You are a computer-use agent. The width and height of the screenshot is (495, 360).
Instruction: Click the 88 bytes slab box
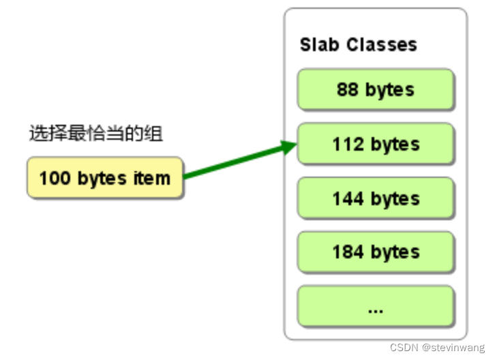click(x=375, y=89)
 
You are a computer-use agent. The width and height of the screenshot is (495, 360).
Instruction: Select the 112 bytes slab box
click(x=375, y=144)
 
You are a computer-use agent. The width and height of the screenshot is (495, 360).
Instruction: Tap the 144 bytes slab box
click(x=375, y=198)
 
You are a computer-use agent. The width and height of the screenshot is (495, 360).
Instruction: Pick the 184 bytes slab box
click(x=375, y=252)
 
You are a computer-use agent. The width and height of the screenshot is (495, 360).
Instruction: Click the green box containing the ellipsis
click(x=375, y=307)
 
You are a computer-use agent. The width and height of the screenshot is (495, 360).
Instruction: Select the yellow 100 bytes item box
click(x=105, y=179)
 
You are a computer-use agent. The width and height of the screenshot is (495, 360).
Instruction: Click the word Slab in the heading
click(x=320, y=45)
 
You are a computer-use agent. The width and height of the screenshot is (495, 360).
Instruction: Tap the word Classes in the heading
click(x=381, y=45)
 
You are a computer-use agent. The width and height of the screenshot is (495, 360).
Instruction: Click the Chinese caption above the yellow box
click(x=96, y=133)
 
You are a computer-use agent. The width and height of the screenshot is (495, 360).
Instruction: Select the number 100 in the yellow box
click(x=55, y=179)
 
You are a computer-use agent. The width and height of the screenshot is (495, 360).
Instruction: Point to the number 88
click(x=348, y=89)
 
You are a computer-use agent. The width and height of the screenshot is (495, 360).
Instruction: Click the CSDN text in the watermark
click(x=404, y=348)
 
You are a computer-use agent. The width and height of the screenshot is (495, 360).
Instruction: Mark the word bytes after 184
click(x=395, y=252)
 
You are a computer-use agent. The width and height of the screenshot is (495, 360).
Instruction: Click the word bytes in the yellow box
click(x=102, y=179)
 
